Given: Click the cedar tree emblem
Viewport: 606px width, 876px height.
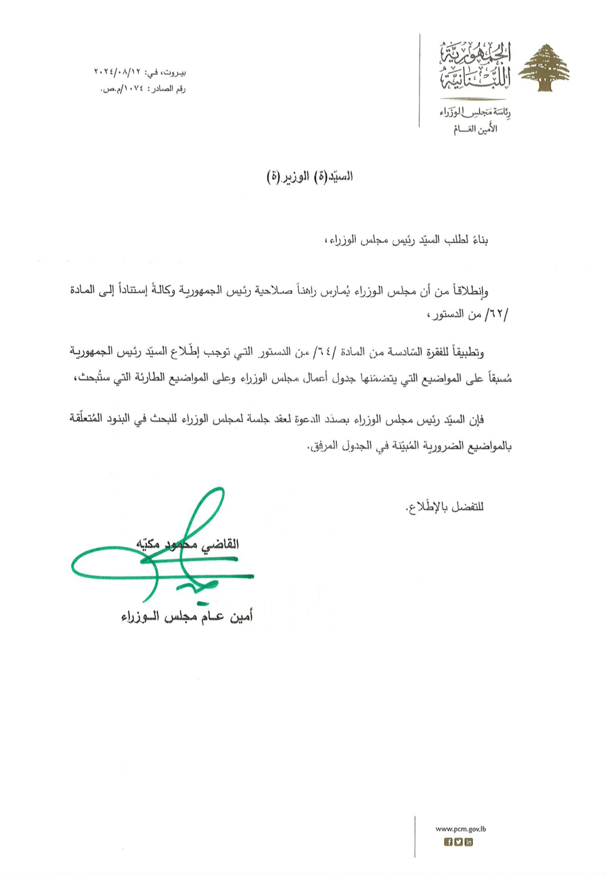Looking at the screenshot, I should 546,68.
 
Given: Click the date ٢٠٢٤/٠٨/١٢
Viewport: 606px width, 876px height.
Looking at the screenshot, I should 120,74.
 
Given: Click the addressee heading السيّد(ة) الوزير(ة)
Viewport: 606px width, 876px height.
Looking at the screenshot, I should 310,177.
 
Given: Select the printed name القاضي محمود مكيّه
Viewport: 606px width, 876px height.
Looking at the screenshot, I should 187,544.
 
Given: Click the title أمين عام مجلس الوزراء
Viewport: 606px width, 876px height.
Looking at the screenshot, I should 187,617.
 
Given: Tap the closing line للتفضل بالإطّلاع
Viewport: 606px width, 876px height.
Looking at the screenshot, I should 445,506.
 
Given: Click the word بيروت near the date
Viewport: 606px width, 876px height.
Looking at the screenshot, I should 175,74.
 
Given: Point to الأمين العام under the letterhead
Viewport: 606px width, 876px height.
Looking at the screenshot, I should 475,129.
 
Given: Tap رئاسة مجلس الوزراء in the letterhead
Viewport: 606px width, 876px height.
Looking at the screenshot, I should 475,113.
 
